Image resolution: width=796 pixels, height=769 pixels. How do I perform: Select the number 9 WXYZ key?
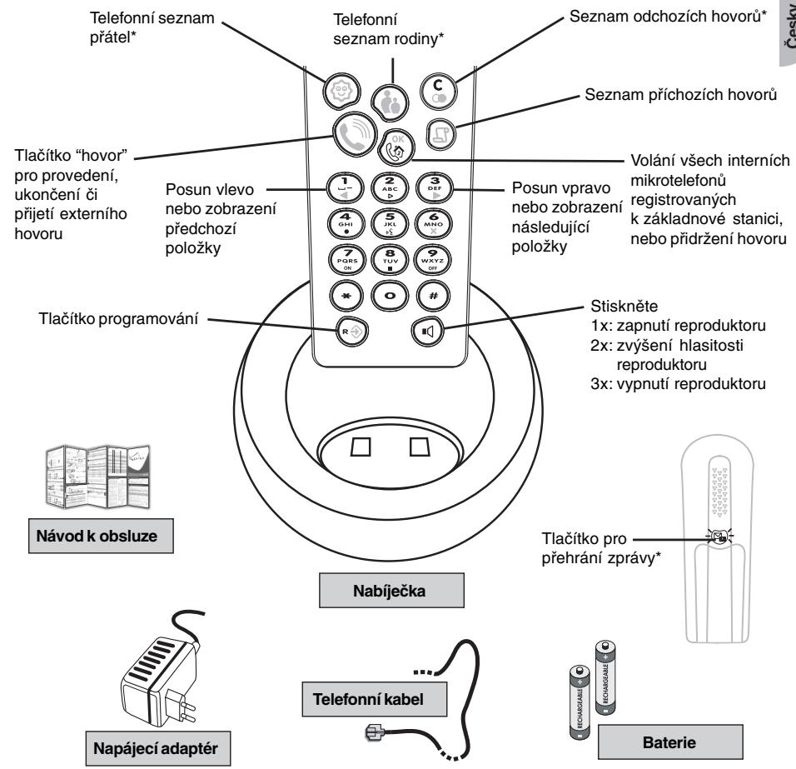[x=423, y=257]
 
